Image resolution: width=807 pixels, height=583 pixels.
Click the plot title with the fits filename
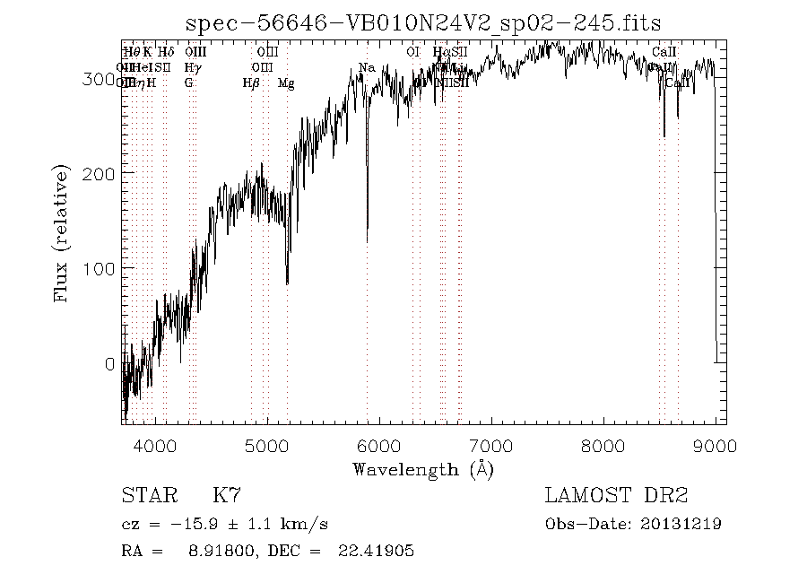(x=423, y=23)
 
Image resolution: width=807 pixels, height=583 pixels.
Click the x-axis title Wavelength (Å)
(x=423, y=469)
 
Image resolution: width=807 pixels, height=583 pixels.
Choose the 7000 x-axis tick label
(x=491, y=446)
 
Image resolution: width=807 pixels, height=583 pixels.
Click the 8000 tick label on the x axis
(x=603, y=446)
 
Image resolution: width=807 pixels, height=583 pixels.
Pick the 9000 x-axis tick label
(x=715, y=446)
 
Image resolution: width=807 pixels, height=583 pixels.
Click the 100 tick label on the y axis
(x=101, y=268)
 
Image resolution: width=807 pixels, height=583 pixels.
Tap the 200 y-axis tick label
(x=101, y=172)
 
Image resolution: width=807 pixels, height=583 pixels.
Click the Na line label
(x=366, y=67)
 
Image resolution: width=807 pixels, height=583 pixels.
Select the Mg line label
(x=286, y=83)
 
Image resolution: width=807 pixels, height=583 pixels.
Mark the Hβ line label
(x=251, y=83)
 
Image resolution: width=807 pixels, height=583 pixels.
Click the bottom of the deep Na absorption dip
(x=367, y=240)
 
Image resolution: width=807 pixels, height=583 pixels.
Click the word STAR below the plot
(x=144, y=495)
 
